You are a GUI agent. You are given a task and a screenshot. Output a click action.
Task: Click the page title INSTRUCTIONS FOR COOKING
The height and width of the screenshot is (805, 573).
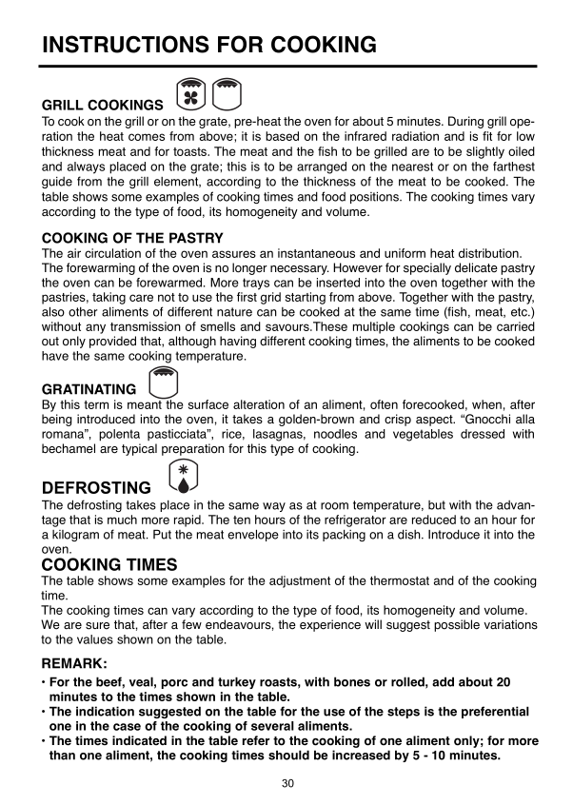tap(209, 45)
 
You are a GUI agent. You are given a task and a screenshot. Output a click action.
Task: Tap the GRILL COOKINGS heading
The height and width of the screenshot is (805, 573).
tap(103, 105)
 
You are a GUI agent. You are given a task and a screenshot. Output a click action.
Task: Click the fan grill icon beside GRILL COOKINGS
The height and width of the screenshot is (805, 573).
tap(192, 95)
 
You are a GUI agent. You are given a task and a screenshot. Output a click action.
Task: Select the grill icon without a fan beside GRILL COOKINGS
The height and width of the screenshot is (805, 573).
tap(227, 95)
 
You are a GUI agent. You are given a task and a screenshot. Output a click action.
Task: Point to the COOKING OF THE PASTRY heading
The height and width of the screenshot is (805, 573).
tap(132, 238)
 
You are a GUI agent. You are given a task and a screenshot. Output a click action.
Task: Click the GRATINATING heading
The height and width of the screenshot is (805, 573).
tap(90, 390)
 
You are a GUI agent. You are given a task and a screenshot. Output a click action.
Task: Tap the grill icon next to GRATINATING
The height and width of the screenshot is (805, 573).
tap(165, 382)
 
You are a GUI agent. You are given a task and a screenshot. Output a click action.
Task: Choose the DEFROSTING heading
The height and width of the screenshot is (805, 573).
tap(96, 488)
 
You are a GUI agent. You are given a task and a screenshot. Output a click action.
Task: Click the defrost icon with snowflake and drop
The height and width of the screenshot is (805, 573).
tap(183, 478)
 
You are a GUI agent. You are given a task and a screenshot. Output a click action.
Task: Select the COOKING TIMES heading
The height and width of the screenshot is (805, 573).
tap(109, 564)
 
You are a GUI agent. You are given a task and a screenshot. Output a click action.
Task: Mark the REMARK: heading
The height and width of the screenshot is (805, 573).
tap(75, 662)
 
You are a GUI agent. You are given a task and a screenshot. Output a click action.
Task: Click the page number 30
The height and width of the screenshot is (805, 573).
tap(286, 784)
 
